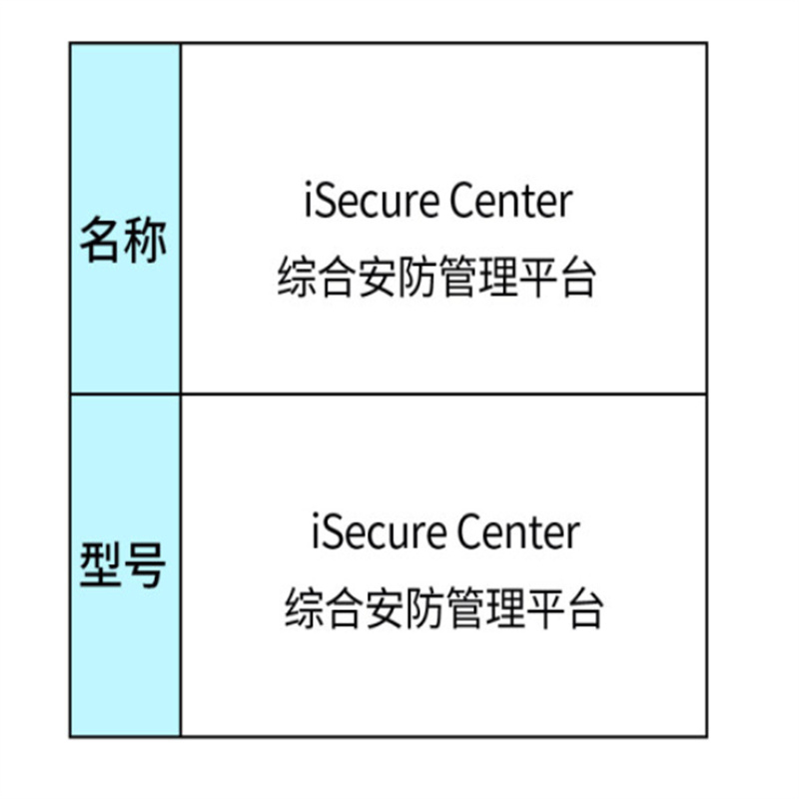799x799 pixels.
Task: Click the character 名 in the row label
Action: coord(102,241)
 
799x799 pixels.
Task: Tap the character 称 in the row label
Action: coord(145,241)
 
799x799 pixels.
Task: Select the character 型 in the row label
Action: coord(102,564)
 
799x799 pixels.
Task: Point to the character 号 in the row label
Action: coord(145,564)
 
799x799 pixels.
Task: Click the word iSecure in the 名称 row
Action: coord(371,201)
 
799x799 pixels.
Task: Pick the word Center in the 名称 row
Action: coord(511,201)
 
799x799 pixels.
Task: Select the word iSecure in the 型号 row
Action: coord(379,531)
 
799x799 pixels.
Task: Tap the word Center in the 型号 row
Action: coord(518,531)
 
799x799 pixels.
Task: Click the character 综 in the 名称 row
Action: coord(297,277)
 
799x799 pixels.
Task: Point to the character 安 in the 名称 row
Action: coord(378,277)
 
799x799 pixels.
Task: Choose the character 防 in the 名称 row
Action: coord(416,277)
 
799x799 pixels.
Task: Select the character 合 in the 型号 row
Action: coord(345,607)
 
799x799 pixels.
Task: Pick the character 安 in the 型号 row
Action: coord(385,607)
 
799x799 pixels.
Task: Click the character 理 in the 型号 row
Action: coord(504,607)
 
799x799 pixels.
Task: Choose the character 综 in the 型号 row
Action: coord(305,607)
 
